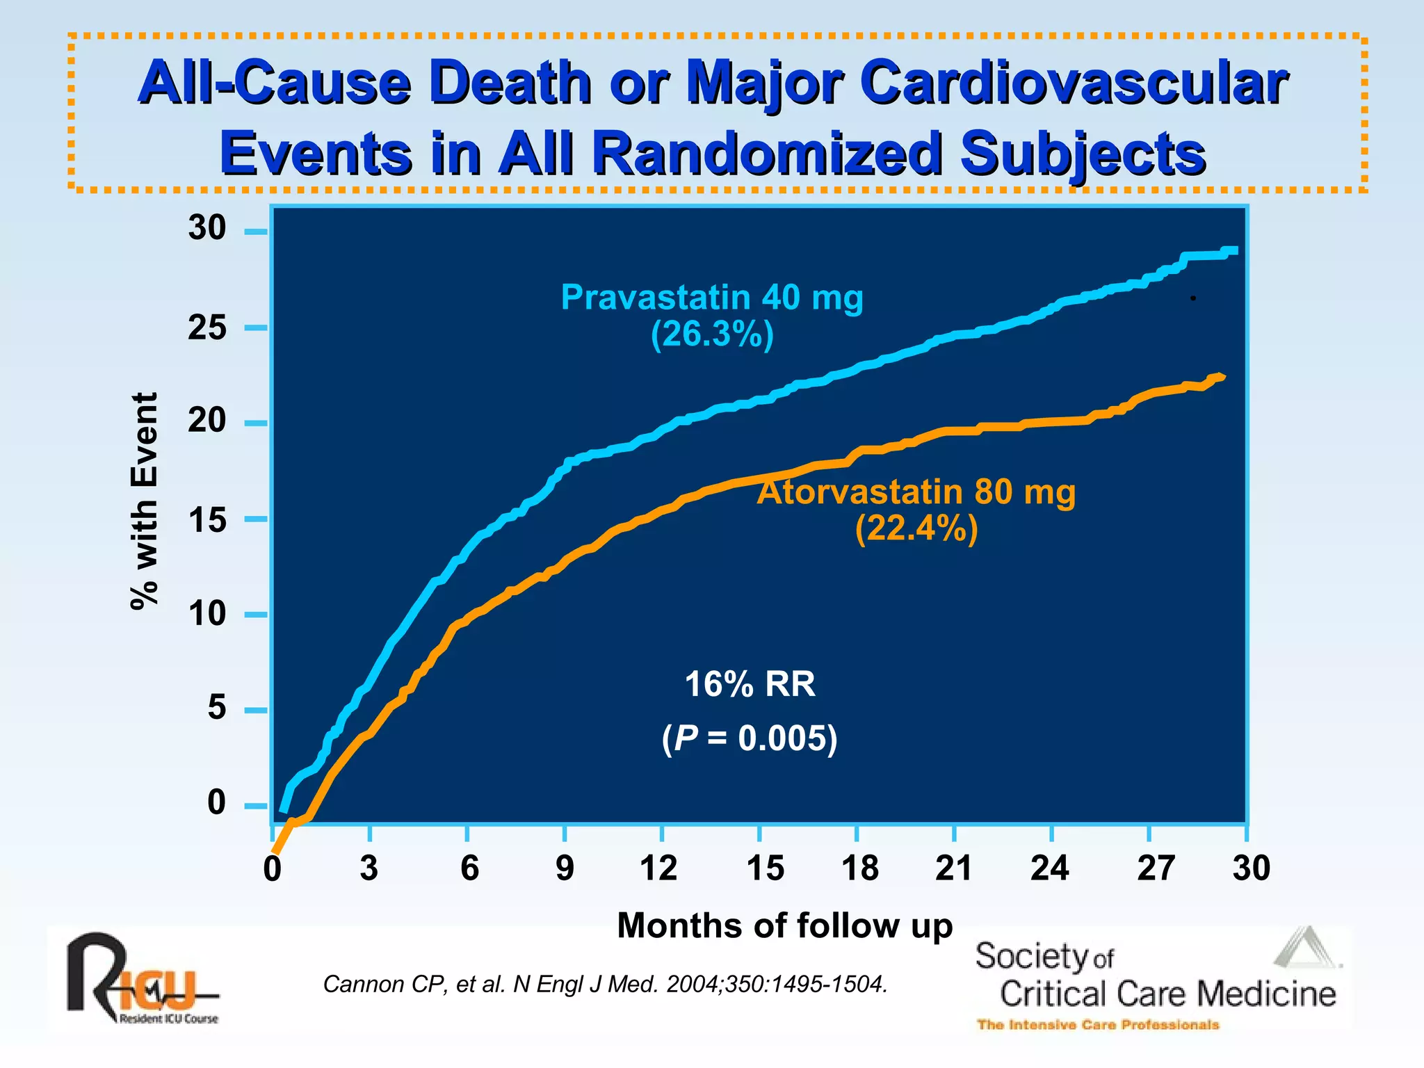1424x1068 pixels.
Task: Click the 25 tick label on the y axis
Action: pyautogui.click(x=207, y=327)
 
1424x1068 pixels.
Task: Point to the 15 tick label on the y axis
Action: pyautogui.click(x=207, y=520)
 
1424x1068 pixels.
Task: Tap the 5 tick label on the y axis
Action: pyautogui.click(x=216, y=708)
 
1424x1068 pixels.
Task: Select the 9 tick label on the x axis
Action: pyautogui.click(x=565, y=868)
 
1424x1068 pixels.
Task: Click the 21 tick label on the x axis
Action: pyautogui.click(x=953, y=868)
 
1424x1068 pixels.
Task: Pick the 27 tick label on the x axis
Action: pyautogui.click(x=1155, y=868)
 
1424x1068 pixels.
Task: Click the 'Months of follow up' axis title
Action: pyautogui.click(x=784, y=926)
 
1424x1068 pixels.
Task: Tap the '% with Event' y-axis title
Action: pyautogui.click(x=145, y=501)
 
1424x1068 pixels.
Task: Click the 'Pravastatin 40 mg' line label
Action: pyautogui.click(x=712, y=298)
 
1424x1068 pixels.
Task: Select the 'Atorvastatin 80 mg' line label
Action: pyautogui.click(x=916, y=492)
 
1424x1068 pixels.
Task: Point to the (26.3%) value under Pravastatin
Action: pyautogui.click(x=712, y=335)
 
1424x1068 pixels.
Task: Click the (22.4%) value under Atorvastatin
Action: pyautogui.click(x=916, y=529)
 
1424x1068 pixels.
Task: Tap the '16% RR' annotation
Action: pyautogui.click(x=750, y=684)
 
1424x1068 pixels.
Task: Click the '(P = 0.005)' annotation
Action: pyautogui.click(x=750, y=738)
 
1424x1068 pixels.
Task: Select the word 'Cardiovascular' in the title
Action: pyautogui.click(x=1074, y=83)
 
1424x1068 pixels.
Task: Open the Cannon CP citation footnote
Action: pyautogui.click(x=605, y=985)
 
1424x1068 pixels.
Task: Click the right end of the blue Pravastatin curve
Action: pyautogui.click(x=1233, y=251)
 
